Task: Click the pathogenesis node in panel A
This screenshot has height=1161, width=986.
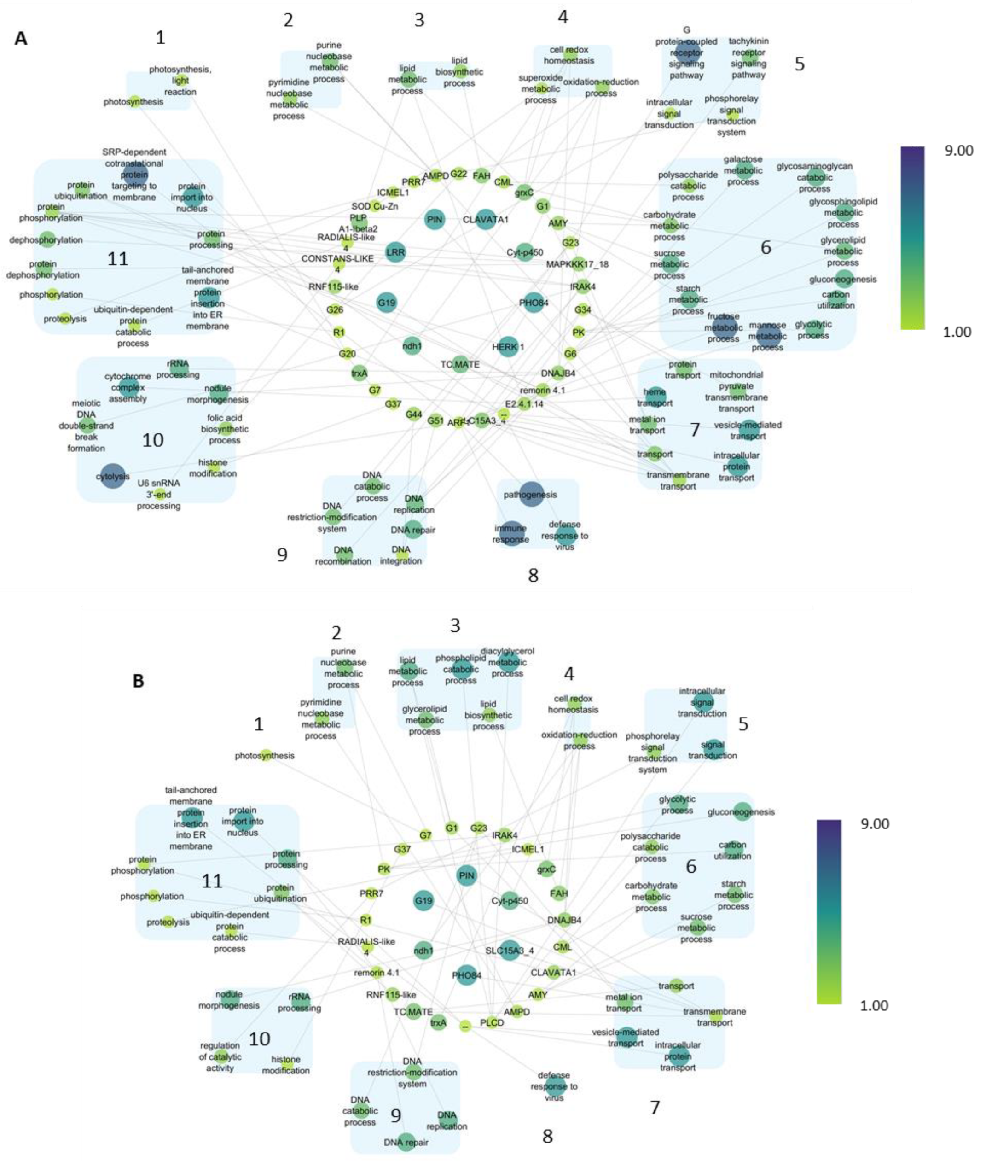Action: pos(531,494)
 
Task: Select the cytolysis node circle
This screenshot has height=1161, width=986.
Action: pos(112,477)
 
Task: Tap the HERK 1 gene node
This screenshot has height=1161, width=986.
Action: pos(507,347)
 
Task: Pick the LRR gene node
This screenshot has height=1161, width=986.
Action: pos(395,252)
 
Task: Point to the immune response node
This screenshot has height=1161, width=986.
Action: pos(511,533)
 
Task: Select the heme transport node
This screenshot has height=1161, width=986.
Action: pos(655,397)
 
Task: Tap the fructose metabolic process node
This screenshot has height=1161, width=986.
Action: pos(723,328)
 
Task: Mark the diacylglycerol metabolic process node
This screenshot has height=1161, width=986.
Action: pos(508,662)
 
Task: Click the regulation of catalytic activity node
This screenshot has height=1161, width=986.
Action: pos(220,1056)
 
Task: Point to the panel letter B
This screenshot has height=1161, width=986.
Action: pos(138,681)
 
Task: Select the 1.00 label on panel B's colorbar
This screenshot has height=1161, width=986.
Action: pos(874,1005)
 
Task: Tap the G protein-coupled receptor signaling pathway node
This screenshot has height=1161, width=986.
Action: pos(687,54)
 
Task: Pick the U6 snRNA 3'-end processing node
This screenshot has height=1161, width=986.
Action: pos(160,494)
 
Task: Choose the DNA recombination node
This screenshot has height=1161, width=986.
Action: pos(343,555)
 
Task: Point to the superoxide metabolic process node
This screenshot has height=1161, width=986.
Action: pos(540,88)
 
